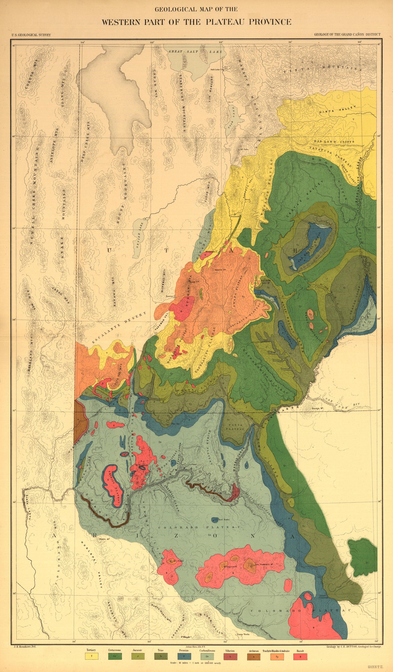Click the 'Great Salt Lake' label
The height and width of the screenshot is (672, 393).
tap(195, 52)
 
